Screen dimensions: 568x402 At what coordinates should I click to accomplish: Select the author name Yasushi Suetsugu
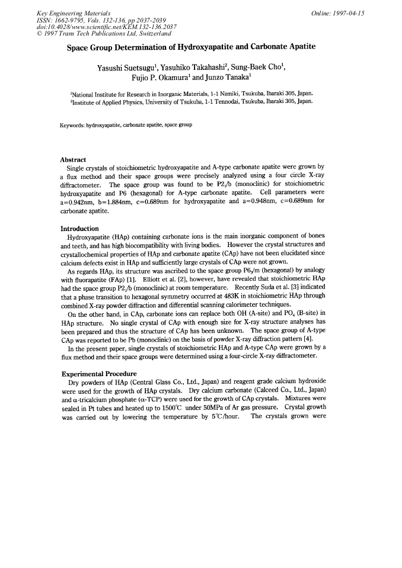[122, 68]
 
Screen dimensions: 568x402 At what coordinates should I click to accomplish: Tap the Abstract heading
[74, 160]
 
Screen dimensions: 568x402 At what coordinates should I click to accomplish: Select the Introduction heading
[81, 229]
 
